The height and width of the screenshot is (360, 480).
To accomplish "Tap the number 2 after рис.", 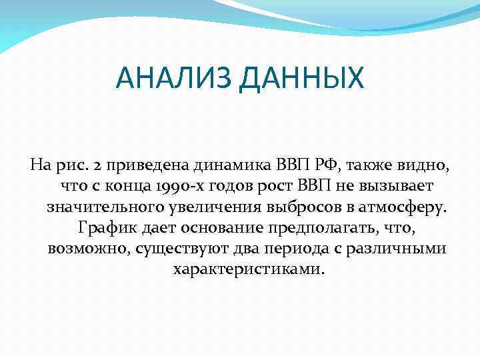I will [x=99, y=163].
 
